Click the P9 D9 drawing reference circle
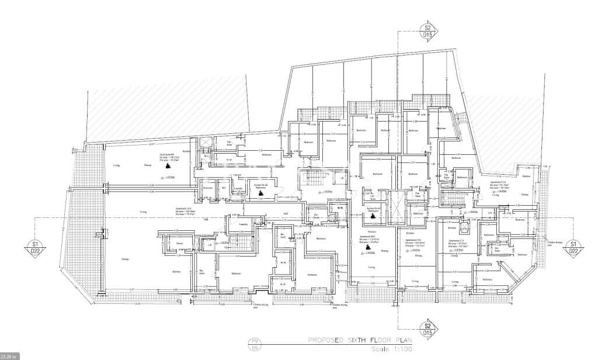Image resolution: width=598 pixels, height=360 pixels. click(254, 342)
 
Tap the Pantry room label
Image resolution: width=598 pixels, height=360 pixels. click(180, 243)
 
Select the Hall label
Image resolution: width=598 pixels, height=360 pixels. click(286, 213)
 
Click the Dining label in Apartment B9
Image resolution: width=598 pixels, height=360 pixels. click(148, 166)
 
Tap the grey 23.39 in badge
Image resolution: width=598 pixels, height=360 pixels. click(9, 355)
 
